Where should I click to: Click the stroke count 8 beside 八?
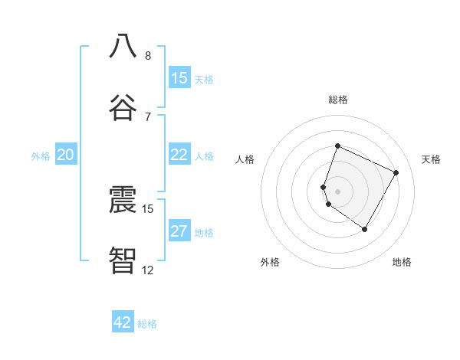(148, 56)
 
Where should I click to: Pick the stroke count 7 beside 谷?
(148, 117)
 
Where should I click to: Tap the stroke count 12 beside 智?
(148, 270)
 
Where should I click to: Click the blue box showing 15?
(179, 78)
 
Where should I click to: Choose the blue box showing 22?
(179, 155)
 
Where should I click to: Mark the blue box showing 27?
(179, 231)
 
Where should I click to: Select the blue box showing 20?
(66, 155)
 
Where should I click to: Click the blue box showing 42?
(123, 322)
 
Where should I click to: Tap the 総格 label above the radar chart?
(338, 100)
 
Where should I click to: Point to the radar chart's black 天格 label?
(431, 159)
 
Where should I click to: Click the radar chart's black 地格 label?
(402, 263)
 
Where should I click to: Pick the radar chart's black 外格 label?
(270, 263)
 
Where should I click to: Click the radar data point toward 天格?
(396, 172)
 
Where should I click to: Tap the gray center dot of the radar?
(338, 191)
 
